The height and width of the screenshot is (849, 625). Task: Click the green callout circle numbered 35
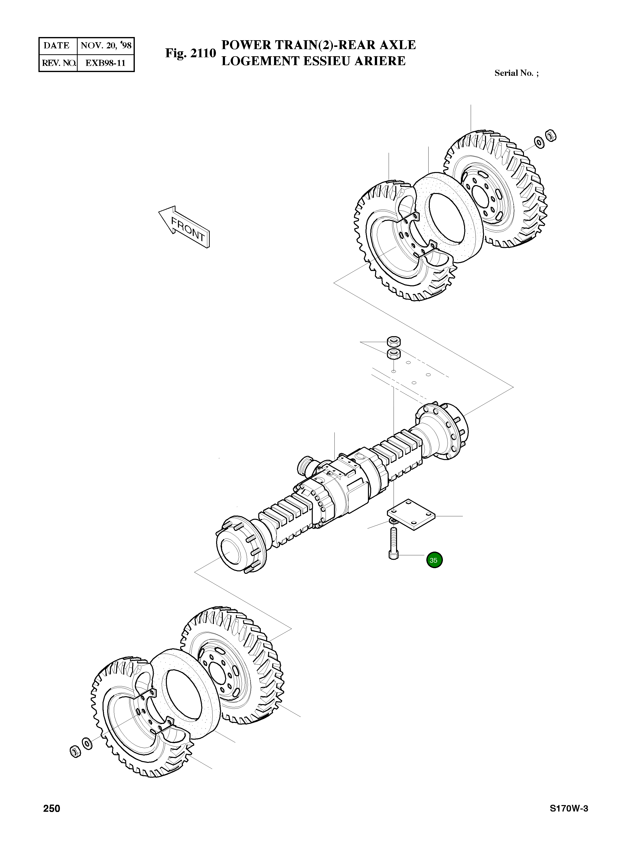coord(434,560)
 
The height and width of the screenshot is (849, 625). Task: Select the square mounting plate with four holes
coord(411,515)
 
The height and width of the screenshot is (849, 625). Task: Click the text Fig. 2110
coord(190,53)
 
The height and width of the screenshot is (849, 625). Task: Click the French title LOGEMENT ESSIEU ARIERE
coord(313,61)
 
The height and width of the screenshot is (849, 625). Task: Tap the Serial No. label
coord(516,73)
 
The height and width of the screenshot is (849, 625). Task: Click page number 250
coord(52,809)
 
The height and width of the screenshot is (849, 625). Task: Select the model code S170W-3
coord(569,809)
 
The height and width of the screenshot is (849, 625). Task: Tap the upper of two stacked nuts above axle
coord(394,341)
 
